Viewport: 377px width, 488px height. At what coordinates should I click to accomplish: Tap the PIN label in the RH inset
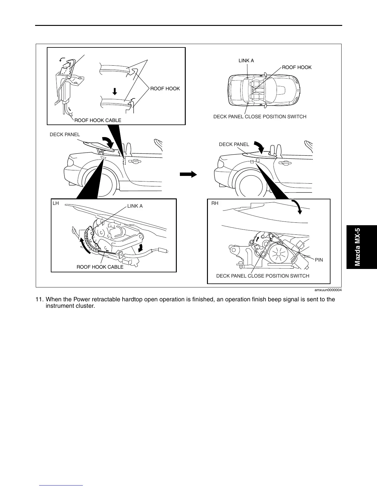pyautogui.click(x=319, y=260)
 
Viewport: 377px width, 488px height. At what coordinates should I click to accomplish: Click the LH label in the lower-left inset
pyautogui.click(x=56, y=204)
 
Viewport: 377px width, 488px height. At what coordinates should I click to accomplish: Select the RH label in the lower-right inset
pyautogui.click(x=215, y=204)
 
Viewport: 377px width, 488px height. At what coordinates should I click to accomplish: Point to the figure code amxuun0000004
pyautogui.click(x=328, y=290)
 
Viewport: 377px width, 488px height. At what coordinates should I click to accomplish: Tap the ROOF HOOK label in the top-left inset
pyautogui.click(x=165, y=89)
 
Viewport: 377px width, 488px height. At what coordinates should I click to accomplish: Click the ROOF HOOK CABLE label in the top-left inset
pyautogui.click(x=98, y=120)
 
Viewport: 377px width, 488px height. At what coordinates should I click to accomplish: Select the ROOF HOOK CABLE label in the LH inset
pyautogui.click(x=100, y=267)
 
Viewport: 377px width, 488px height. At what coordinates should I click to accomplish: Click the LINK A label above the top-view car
pyautogui.click(x=246, y=61)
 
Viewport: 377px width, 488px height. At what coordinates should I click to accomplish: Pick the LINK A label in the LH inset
pyautogui.click(x=135, y=206)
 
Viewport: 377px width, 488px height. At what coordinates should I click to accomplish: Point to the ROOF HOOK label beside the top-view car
pyautogui.click(x=297, y=67)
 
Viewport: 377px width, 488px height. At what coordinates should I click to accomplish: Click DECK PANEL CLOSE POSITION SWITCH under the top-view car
pyautogui.click(x=260, y=117)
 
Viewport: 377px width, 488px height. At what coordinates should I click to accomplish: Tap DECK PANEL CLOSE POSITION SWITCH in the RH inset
pyautogui.click(x=262, y=276)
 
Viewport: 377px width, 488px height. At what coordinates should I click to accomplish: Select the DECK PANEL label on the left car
pyautogui.click(x=65, y=135)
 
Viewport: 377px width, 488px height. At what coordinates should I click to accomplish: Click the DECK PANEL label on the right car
pyautogui.click(x=234, y=144)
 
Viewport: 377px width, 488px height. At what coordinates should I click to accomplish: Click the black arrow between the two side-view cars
pyautogui.click(x=188, y=174)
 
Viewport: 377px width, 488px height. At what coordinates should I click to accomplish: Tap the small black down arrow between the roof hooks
pyautogui.click(x=115, y=91)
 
